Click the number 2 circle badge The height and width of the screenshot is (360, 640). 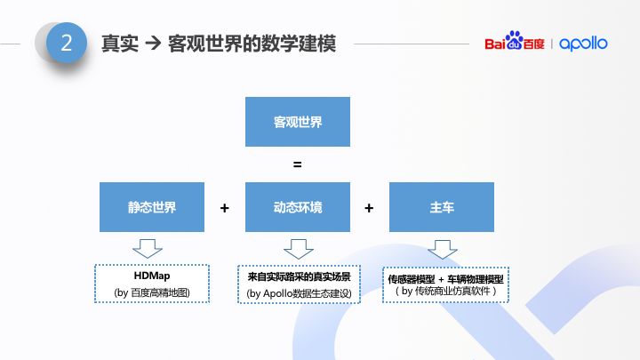tap(67, 43)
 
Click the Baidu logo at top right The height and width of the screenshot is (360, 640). tap(515, 44)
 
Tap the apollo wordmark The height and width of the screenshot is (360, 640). tap(583, 44)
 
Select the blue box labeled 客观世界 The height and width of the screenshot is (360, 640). tap(298, 122)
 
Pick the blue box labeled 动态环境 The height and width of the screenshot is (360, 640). tap(298, 207)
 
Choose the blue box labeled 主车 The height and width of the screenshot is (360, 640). tap(442, 207)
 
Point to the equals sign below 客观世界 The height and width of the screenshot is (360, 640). tap(298, 164)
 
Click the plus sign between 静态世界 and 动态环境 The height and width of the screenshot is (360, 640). tap(225, 208)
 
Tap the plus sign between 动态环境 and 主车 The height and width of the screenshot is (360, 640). tap(369, 208)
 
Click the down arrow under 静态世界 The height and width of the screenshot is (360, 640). tap(148, 248)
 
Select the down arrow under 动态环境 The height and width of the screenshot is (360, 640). tap(299, 248)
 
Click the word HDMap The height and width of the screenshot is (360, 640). tap(151, 276)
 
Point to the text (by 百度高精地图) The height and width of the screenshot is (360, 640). tap(151, 292)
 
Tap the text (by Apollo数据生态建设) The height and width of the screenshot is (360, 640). tap(299, 293)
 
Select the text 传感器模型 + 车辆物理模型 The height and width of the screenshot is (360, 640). tap(445, 278)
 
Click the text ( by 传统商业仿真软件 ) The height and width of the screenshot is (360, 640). tap(445, 291)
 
